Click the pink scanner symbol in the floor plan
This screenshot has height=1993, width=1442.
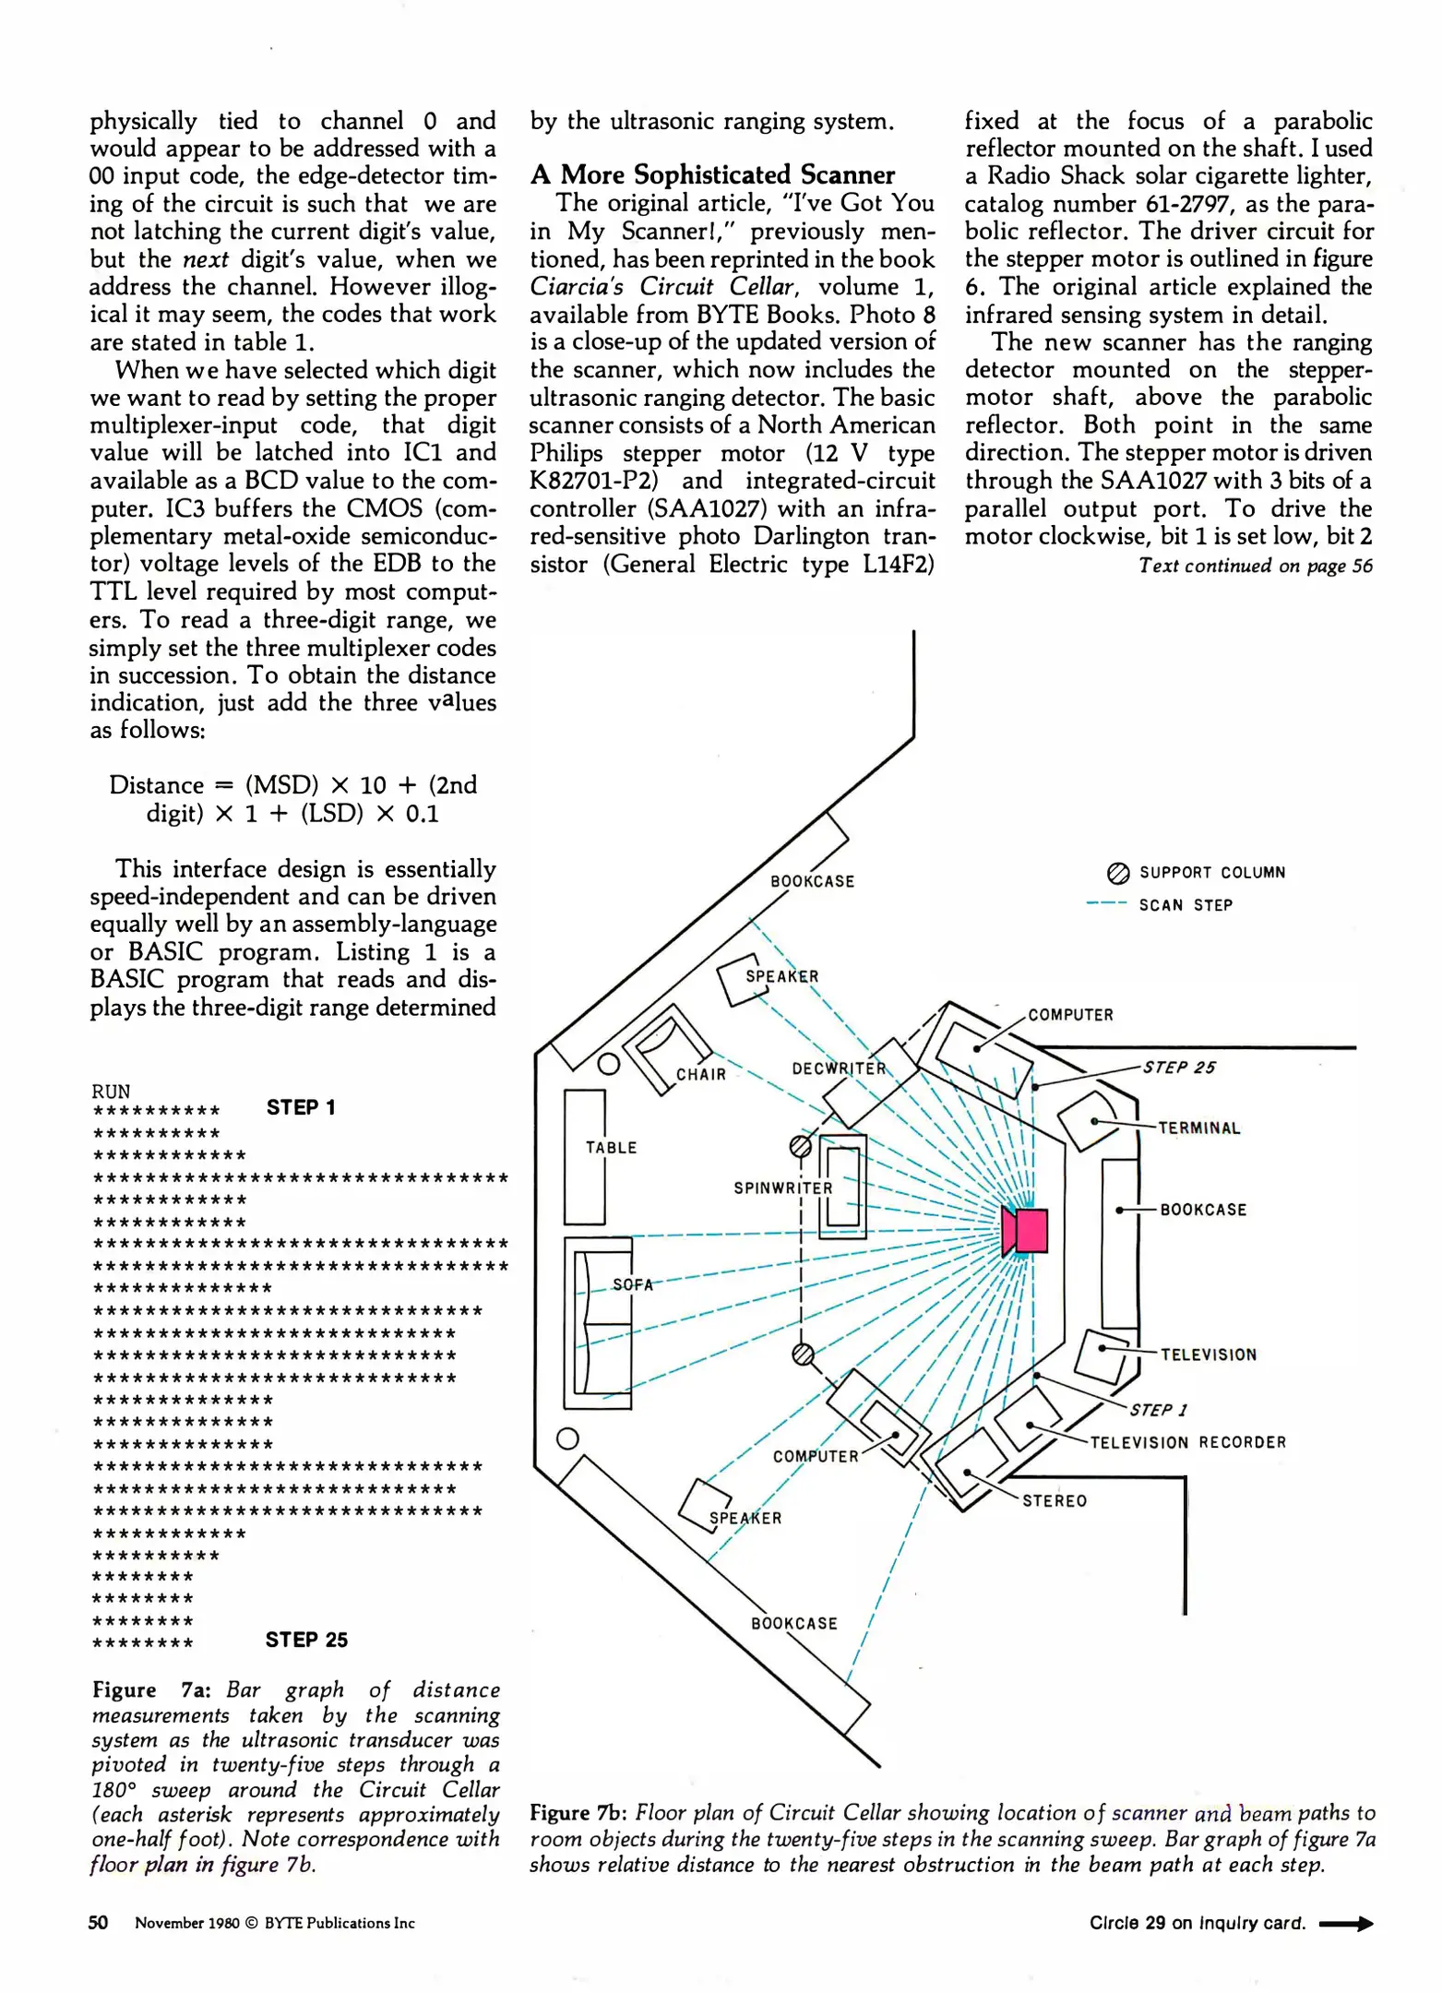pos(1026,1231)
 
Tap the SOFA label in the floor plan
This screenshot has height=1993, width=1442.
pos(633,1284)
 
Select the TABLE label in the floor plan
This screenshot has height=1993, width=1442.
pos(611,1148)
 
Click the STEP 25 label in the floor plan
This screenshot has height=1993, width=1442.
pos(1179,1068)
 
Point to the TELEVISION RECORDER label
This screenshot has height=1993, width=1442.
pos(1187,1442)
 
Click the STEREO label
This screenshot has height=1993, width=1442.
pos(1055,1501)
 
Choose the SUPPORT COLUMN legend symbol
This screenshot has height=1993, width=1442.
pos(1117,873)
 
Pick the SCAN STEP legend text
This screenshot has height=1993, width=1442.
pos(1186,905)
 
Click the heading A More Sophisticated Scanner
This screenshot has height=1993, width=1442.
pos(712,174)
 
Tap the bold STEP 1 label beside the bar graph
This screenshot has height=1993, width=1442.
pos(301,1107)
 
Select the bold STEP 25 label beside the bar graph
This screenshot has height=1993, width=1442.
pos(306,1640)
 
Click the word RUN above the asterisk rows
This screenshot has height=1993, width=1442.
pos(111,1091)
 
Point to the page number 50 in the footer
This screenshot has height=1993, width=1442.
pos(98,1922)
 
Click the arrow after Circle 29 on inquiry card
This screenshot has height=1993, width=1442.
pos(1346,1924)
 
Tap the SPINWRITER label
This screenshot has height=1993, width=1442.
pos(783,1188)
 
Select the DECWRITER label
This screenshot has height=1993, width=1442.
pos(839,1068)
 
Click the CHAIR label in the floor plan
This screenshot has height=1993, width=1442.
pos(701,1075)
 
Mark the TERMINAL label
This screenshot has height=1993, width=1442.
pos(1199,1128)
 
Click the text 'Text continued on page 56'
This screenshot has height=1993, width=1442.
pos(1255,566)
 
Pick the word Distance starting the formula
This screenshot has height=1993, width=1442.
pos(156,785)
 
